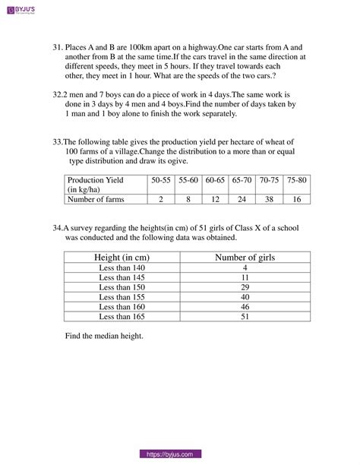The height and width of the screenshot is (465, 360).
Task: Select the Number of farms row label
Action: (x=96, y=199)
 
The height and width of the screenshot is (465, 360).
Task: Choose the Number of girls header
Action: (x=245, y=258)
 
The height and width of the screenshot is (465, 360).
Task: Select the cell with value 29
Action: (x=245, y=287)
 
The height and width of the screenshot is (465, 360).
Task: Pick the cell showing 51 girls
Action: (x=245, y=316)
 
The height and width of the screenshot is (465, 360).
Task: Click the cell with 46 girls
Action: (x=245, y=306)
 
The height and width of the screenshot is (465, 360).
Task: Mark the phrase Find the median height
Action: (x=104, y=336)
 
